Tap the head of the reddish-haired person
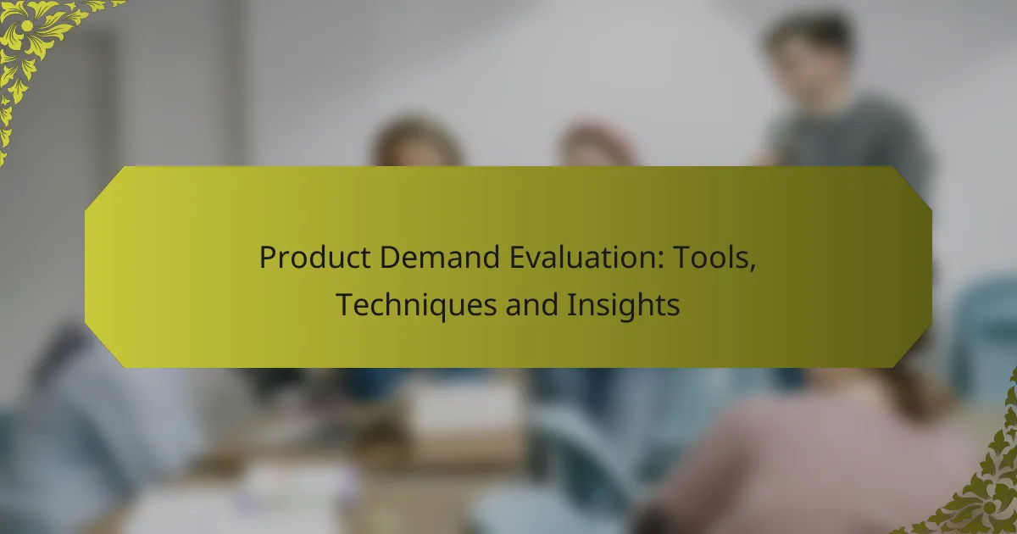click(596, 144)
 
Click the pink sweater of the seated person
click(814, 458)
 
